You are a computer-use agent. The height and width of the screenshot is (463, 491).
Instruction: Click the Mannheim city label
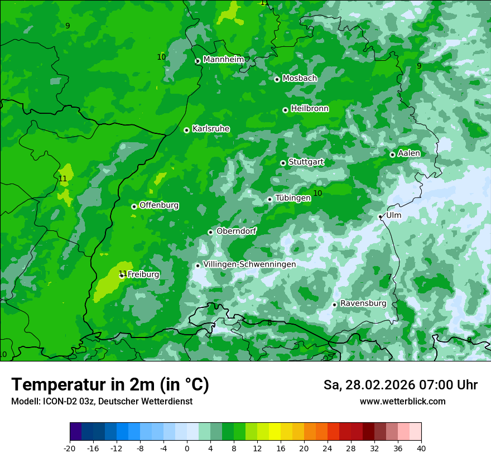coord(223,60)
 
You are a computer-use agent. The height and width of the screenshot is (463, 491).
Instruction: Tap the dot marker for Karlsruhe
coord(186,130)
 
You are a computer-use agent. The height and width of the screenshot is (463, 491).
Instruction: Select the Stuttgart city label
coord(306,162)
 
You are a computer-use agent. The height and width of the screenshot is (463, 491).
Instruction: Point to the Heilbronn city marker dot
coord(285,110)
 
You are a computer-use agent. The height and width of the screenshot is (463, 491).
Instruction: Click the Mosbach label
coord(300,79)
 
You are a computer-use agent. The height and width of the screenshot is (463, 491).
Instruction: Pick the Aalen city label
coord(409,153)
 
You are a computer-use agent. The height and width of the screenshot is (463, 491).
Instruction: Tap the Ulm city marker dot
coord(380,216)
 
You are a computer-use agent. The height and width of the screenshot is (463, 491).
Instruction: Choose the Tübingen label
coord(293,198)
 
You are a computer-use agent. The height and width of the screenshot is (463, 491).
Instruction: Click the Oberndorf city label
coord(236,231)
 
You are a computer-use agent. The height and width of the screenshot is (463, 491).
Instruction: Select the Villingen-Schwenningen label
coord(249,264)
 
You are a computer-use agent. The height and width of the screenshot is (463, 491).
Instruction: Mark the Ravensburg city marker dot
coord(334,305)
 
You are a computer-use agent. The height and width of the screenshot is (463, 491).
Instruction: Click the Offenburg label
coord(159,205)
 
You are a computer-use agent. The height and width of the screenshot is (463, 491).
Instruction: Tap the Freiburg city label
coord(143,274)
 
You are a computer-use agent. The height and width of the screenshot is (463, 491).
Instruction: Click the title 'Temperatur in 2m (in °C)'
coord(110,385)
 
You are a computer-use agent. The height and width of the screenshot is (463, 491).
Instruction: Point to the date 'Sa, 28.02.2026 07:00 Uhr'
coord(400,385)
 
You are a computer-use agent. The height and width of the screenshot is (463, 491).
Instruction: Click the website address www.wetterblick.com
coord(402,402)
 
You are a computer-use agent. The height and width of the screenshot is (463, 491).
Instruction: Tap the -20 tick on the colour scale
coord(70,448)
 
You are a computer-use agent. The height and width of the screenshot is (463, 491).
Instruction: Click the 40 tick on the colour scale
coord(421,448)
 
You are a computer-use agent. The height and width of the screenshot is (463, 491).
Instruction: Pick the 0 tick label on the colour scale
coord(187,448)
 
